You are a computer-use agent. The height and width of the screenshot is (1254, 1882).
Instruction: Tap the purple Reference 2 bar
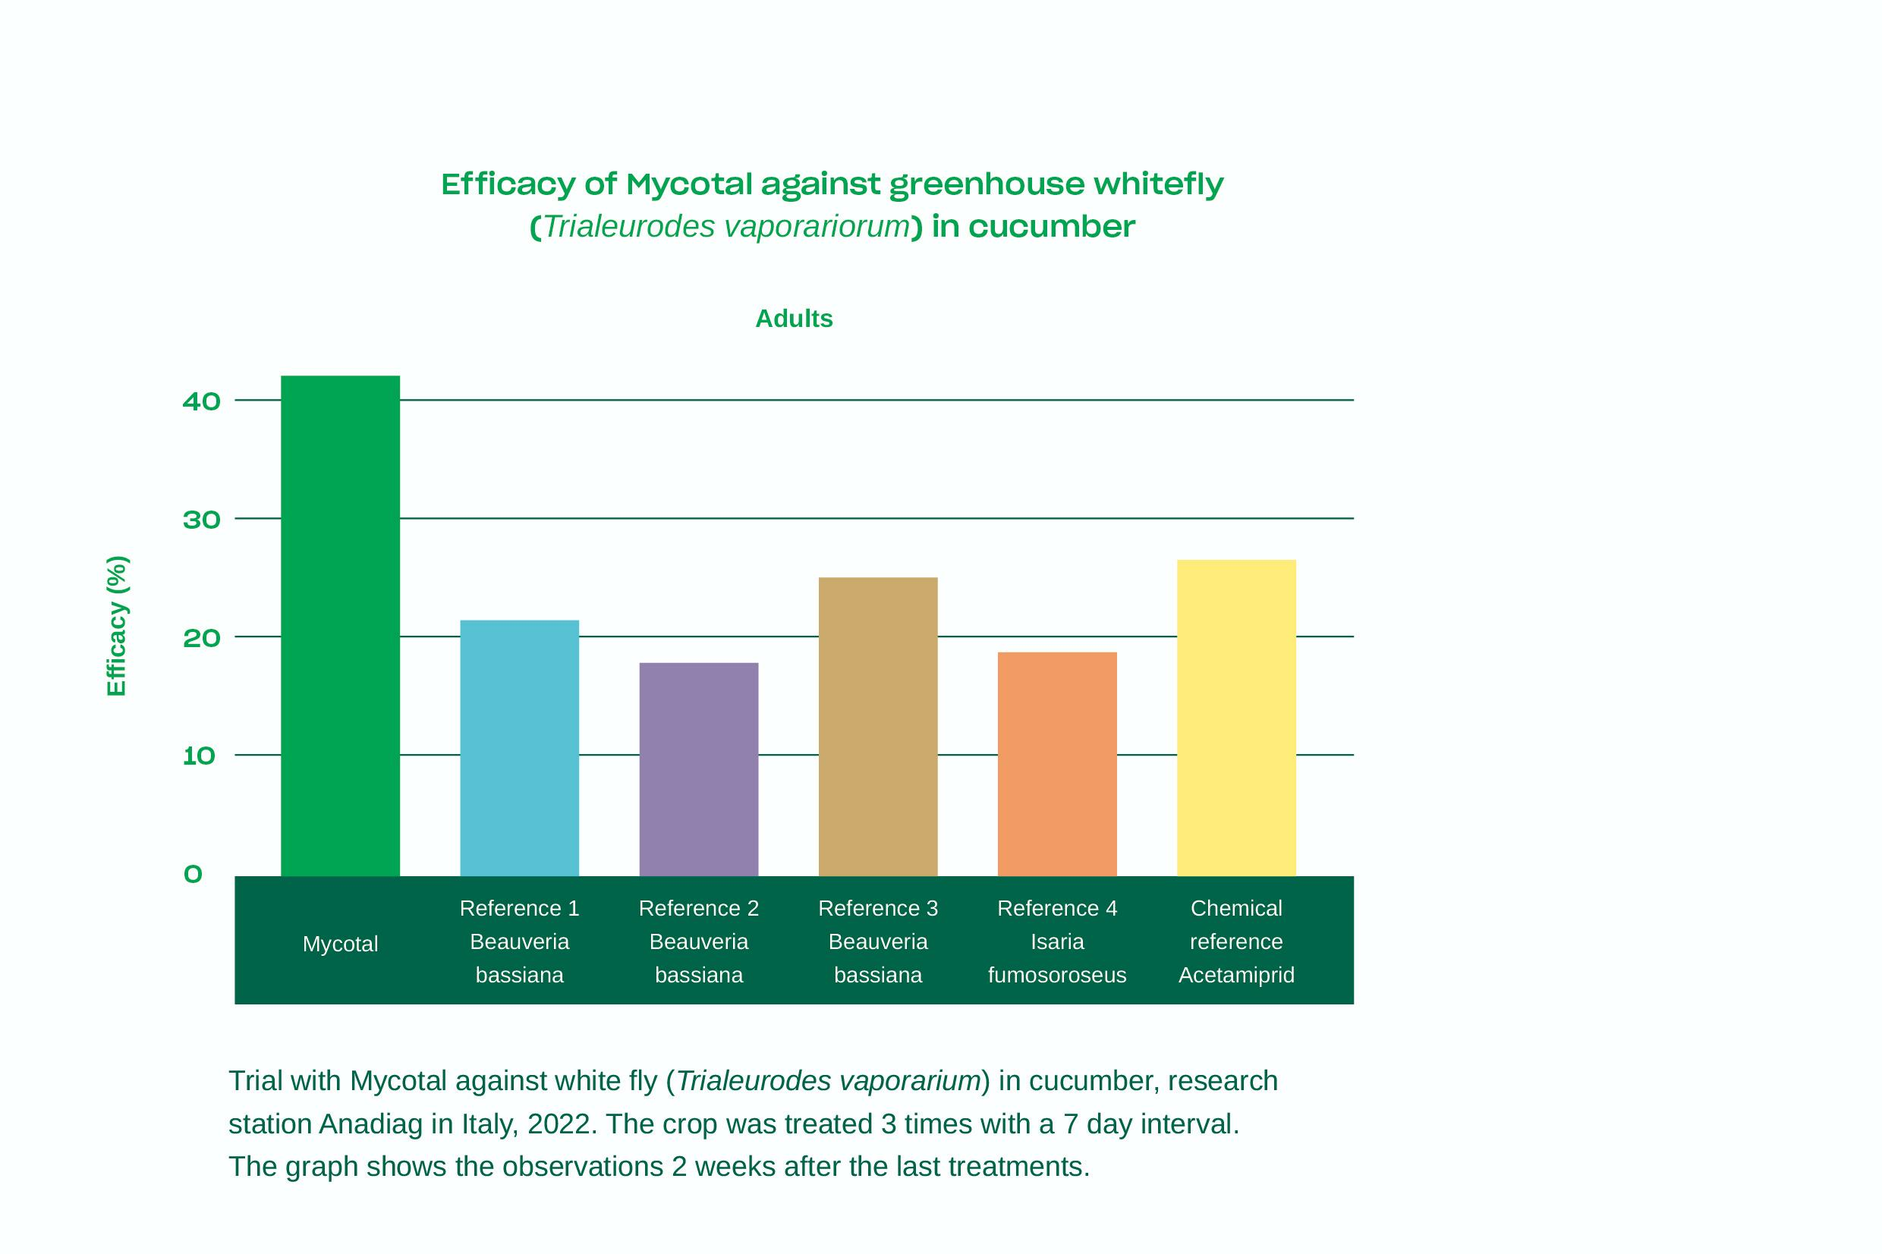coord(698,769)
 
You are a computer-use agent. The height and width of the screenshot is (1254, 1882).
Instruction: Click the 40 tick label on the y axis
coord(202,401)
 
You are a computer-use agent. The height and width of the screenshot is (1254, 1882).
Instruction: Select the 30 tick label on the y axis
coord(202,520)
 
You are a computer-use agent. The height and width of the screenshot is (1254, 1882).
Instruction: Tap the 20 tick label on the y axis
coord(202,637)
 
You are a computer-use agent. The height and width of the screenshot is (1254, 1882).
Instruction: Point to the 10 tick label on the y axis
coord(199,756)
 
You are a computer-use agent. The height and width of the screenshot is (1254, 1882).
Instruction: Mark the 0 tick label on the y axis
coord(193,874)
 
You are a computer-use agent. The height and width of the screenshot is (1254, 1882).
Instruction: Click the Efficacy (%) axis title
coord(117,625)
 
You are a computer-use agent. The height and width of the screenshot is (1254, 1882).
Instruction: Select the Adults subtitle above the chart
coord(794,319)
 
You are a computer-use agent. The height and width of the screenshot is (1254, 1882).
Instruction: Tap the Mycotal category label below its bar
coord(340,944)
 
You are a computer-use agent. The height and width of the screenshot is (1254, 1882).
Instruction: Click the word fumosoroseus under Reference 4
coord(1056,975)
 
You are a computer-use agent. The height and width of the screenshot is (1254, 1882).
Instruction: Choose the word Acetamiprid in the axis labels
coord(1235,975)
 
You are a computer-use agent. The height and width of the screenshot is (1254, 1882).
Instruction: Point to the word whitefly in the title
coord(1158,184)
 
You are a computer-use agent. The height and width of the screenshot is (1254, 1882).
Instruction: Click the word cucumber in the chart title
coord(1051,226)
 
